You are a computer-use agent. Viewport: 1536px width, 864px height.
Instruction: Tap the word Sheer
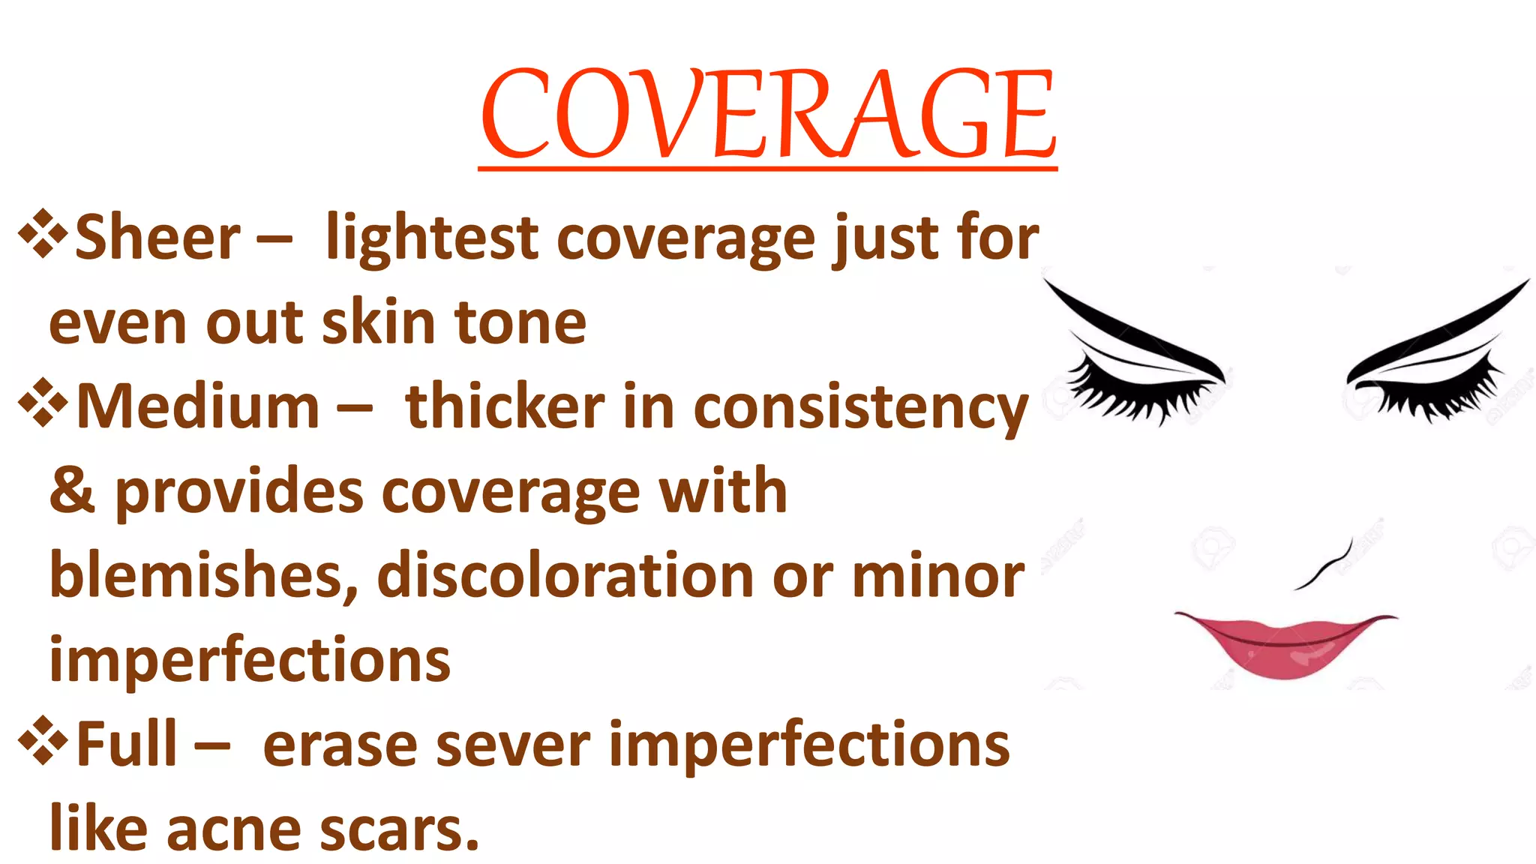coord(157,238)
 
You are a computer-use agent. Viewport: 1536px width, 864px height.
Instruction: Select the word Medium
coord(198,407)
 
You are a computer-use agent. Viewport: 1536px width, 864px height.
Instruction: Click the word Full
coord(127,745)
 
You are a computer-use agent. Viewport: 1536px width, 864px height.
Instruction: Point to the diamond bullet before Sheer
coord(43,233)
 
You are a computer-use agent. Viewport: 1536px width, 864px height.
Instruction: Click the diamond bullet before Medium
coord(43,403)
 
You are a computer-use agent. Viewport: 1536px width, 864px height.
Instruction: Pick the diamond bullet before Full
coord(43,740)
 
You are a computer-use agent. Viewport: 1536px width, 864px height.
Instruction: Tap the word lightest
coord(432,238)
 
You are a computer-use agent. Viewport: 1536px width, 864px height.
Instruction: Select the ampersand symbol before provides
coord(72,491)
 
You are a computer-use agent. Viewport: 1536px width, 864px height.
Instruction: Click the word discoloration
coord(565,576)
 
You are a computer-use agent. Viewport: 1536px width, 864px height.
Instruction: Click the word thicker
coord(505,407)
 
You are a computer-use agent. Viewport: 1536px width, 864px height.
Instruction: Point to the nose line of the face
coord(1326,566)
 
